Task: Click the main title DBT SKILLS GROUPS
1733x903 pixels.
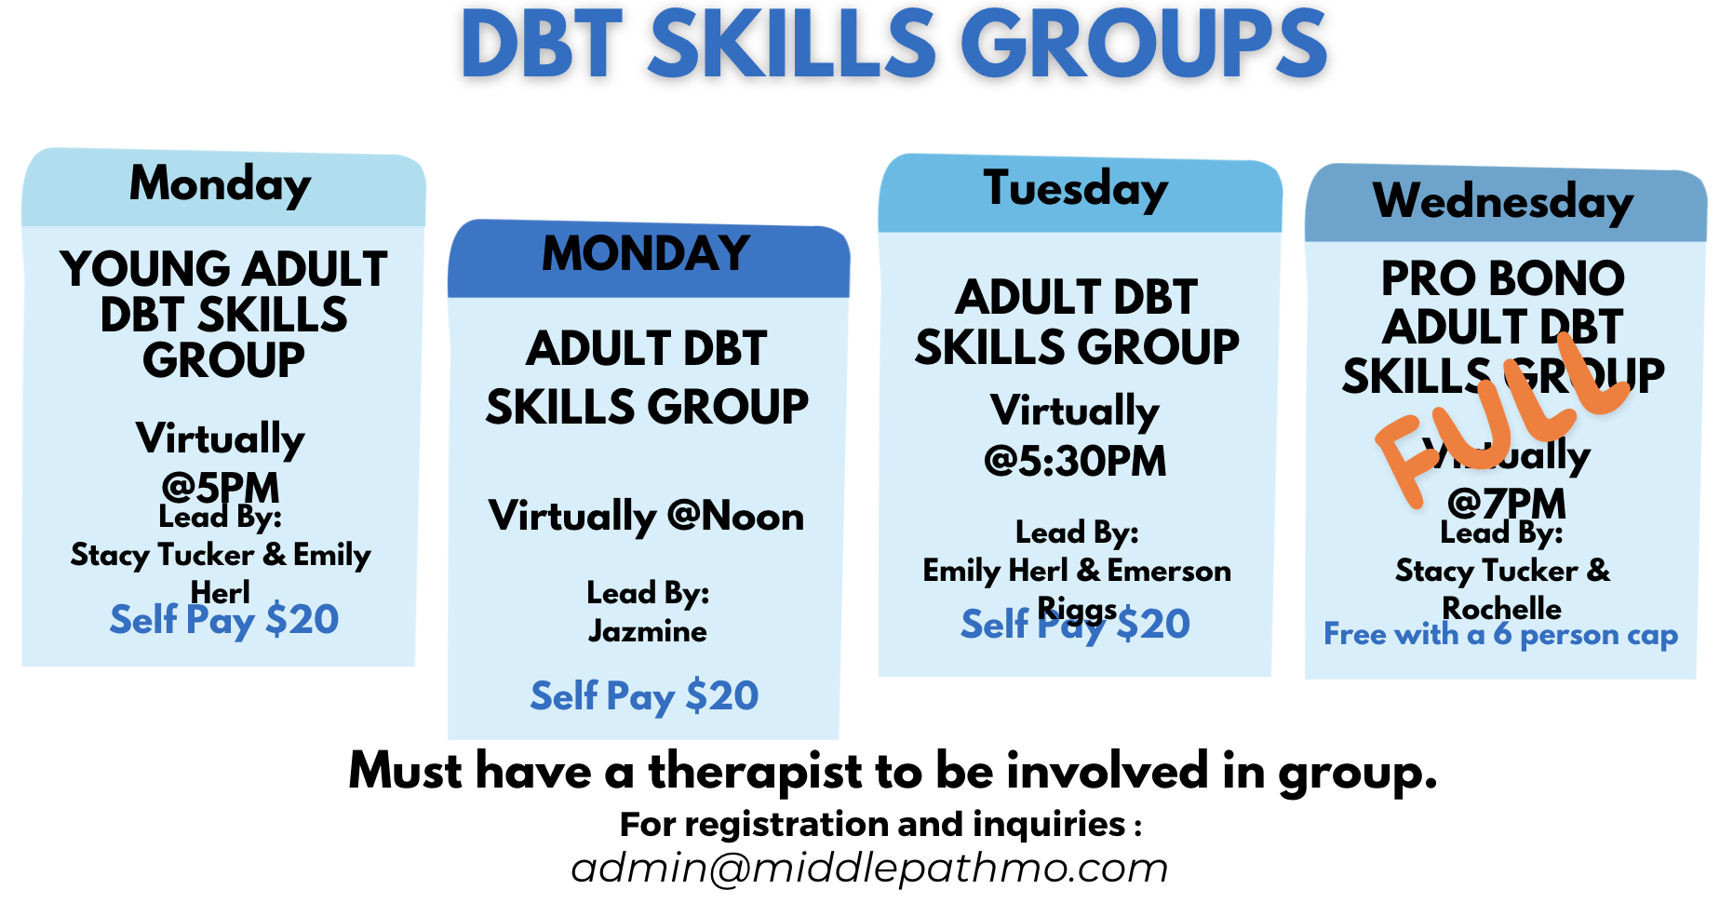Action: click(x=893, y=45)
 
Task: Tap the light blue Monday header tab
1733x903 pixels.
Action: click(x=221, y=184)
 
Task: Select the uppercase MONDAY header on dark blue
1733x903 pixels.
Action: click(x=646, y=253)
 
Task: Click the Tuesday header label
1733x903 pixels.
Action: click(x=1076, y=190)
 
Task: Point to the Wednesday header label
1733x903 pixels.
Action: click(x=1503, y=202)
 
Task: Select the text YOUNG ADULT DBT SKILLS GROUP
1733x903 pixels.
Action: click(x=223, y=314)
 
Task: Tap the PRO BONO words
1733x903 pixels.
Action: click(x=1502, y=278)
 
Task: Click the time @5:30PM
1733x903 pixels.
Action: click(x=1075, y=461)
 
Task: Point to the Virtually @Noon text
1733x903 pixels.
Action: click(x=646, y=516)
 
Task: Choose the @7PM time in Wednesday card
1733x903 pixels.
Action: click(x=1507, y=503)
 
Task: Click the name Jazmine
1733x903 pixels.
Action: click(x=647, y=631)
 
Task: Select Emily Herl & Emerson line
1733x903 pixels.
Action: click(x=1076, y=570)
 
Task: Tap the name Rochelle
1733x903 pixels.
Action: click(x=1501, y=608)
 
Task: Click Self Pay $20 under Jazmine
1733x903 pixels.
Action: click(x=644, y=696)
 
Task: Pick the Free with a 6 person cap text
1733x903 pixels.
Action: click(x=1500, y=635)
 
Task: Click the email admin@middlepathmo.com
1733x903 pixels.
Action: click(x=869, y=868)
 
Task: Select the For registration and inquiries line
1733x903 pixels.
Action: click(x=880, y=824)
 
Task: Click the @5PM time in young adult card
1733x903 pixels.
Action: click(x=221, y=486)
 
